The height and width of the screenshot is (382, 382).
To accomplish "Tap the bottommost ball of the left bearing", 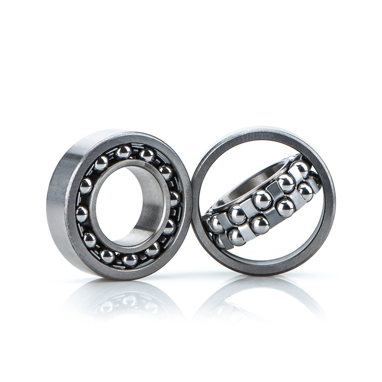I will [x=129, y=260].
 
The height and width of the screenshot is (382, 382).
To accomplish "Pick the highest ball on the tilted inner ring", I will [x=300, y=167].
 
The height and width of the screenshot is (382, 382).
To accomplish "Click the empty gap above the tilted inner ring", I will [x=239, y=158].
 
